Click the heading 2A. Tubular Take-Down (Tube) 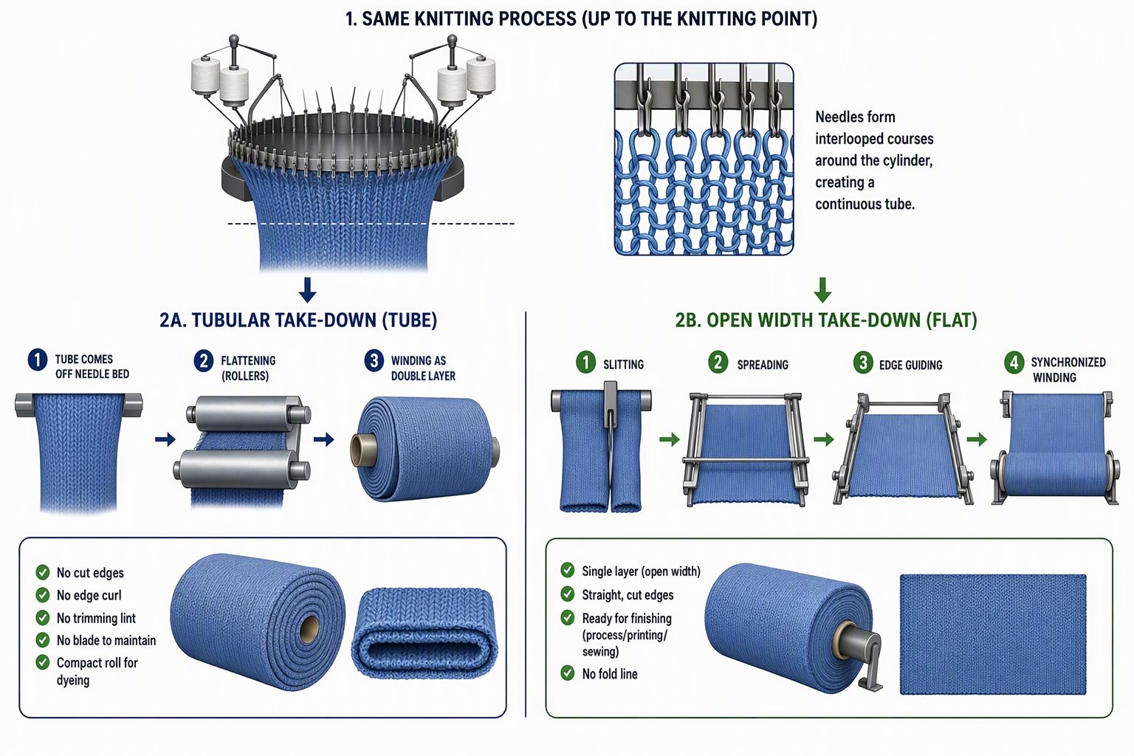pos(298,320)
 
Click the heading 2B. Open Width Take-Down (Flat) pos(825,320)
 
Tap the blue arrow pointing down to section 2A pos(308,290)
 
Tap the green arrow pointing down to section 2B pos(822,290)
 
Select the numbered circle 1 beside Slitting pos(585,362)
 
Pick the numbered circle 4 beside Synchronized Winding pos(1014,363)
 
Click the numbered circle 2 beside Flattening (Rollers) pos(204,361)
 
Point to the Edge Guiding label pos(911,365)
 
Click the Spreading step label pos(763,365)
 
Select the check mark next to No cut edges pos(43,572)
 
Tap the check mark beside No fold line pos(568,673)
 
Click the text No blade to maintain pos(106,641)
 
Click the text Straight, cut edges pos(628,595)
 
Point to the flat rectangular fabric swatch pos(993,634)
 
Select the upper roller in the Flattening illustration pos(248,413)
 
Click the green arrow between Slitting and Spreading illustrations pos(670,439)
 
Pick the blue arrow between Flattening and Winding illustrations pos(324,439)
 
